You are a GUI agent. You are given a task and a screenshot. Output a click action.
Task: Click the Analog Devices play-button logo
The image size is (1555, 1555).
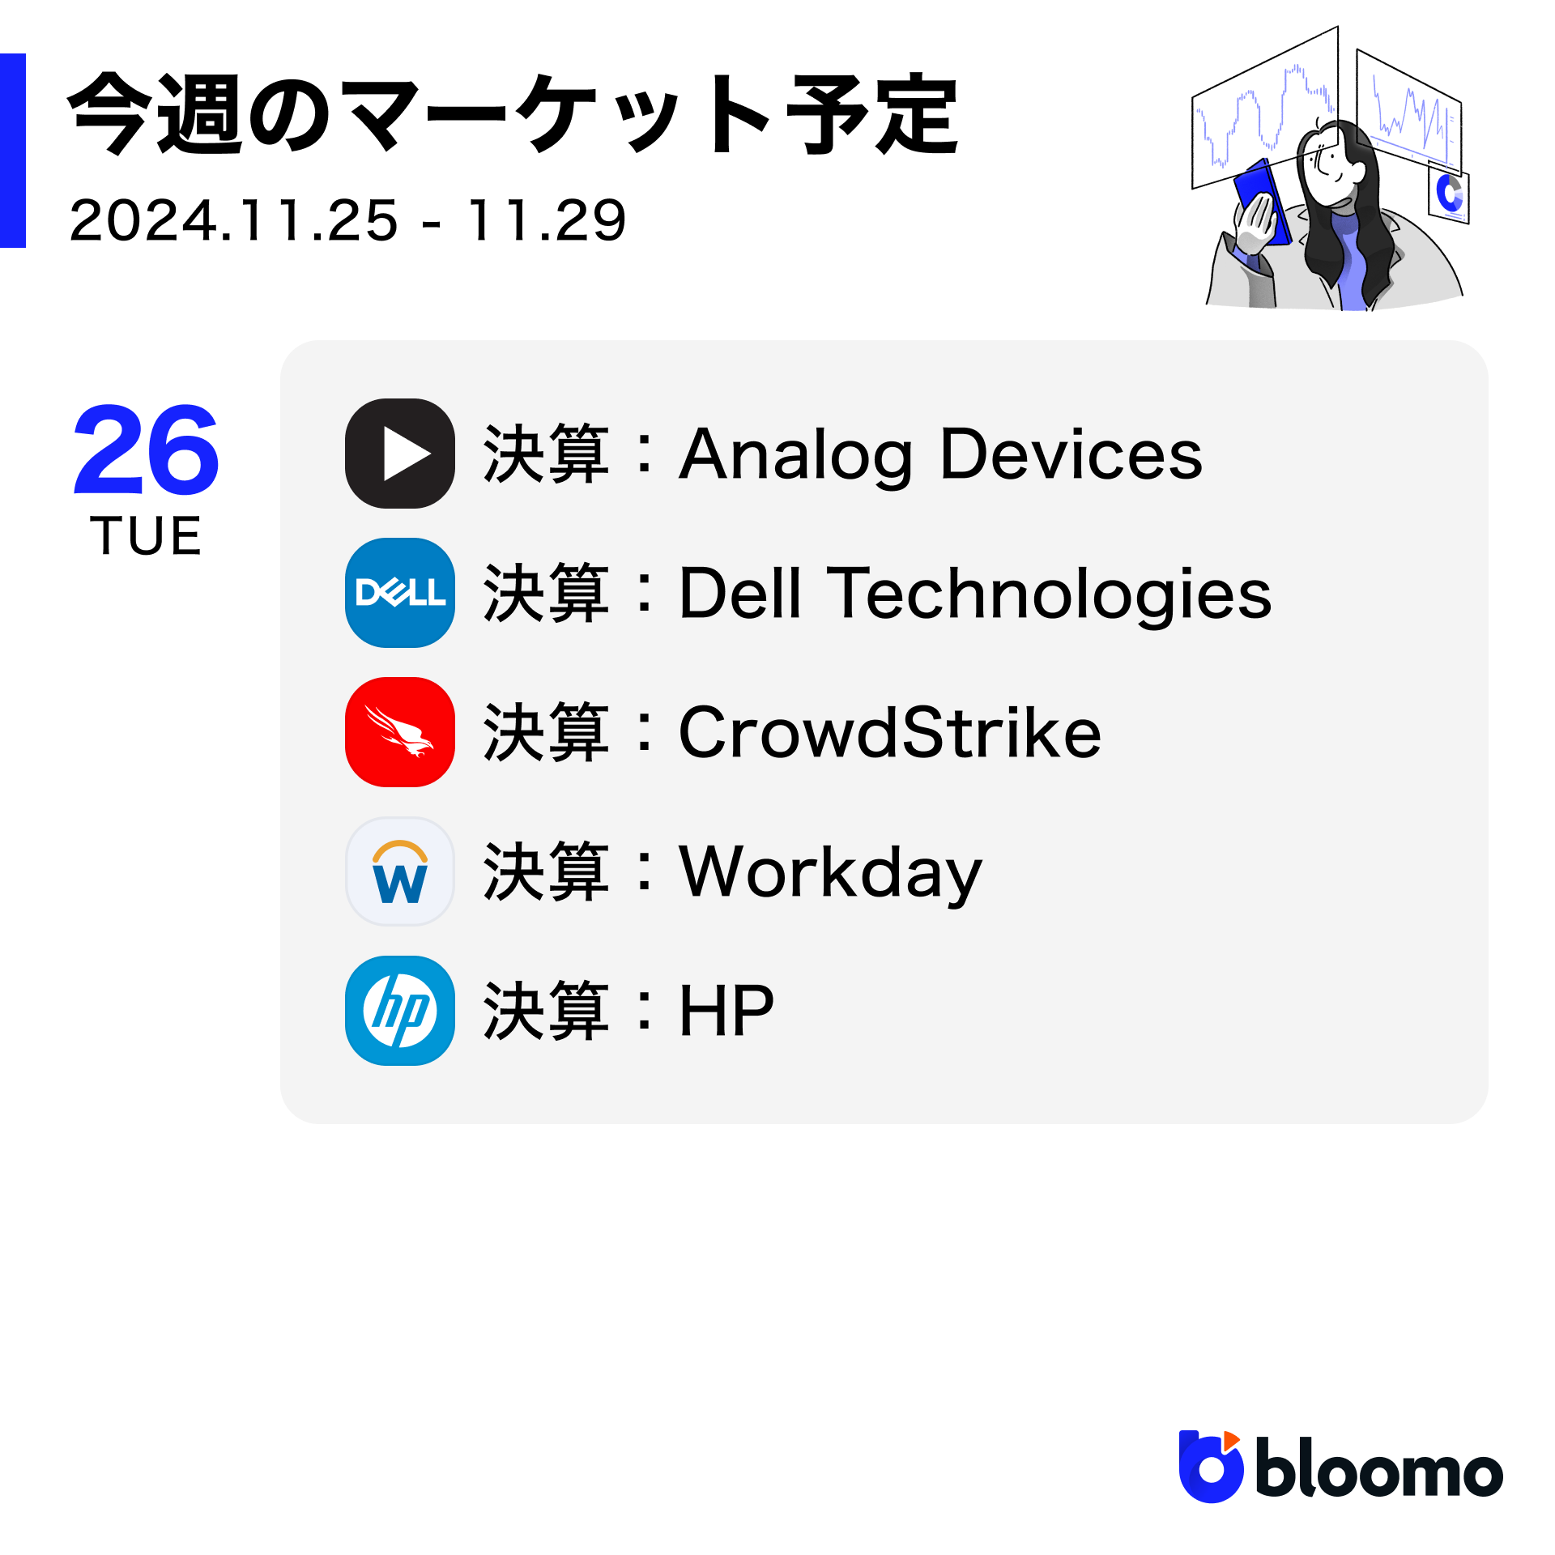click(x=400, y=454)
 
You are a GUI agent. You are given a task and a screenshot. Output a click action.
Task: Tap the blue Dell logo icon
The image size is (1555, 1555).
click(x=400, y=593)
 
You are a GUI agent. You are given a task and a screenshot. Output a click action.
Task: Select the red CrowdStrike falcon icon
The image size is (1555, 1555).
click(x=400, y=732)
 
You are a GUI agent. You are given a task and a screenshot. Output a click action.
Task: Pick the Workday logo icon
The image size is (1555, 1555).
click(x=400, y=871)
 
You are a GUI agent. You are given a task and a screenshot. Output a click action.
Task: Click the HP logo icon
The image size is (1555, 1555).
click(x=400, y=1011)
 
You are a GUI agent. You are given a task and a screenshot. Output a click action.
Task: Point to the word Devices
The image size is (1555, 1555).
click(x=1071, y=454)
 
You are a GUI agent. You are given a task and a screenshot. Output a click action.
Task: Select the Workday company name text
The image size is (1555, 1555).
click(x=830, y=873)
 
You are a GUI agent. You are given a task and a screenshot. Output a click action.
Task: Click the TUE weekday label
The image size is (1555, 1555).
click(x=146, y=536)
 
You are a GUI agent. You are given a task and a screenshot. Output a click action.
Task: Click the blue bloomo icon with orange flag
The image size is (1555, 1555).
click(x=1211, y=1468)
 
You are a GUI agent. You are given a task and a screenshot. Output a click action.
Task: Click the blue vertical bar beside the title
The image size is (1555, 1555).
click(x=13, y=151)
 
